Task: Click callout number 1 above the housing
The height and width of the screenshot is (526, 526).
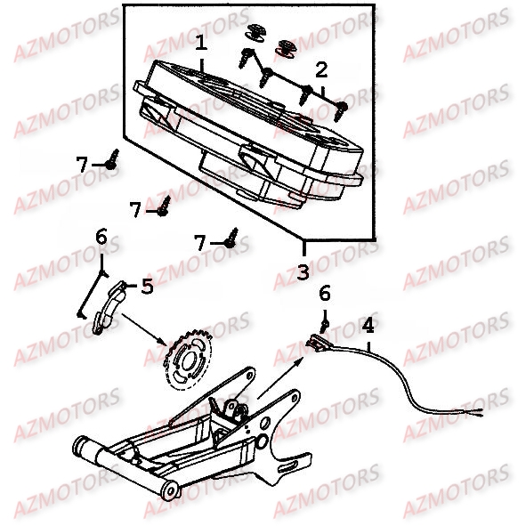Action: point(201,44)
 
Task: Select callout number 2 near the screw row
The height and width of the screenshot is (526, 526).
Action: point(321,70)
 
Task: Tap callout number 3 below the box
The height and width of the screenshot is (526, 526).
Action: point(303,272)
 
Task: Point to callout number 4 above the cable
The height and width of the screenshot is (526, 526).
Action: point(368,326)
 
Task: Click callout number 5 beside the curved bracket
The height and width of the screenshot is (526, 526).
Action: point(147,287)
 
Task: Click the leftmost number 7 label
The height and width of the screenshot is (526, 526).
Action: point(82,165)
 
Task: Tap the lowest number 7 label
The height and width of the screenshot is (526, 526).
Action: point(200,243)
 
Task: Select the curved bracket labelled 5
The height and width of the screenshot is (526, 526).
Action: point(108,308)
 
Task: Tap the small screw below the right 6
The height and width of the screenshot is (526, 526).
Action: point(325,324)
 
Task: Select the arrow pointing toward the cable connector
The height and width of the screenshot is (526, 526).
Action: point(280,377)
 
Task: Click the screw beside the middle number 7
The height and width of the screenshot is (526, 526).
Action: point(164,206)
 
